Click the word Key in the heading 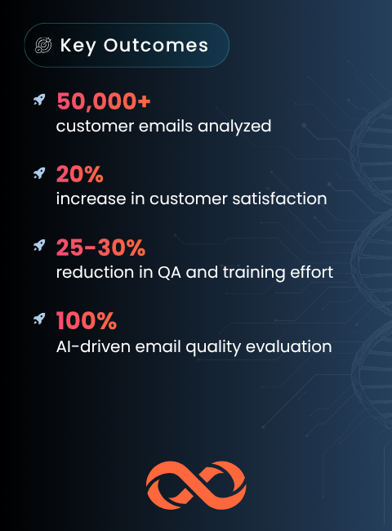click(x=78, y=46)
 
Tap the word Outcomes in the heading click(x=156, y=46)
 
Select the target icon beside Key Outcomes click(x=43, y=46)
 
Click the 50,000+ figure click(x=104, y=101)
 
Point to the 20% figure click(x=80, y=174)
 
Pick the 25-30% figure click(x=101, y=248)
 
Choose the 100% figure click(x=87, y=320)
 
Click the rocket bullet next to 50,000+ click(x=39, y=100)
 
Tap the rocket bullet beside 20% click(x=39, y=173)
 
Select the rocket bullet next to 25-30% click(x=39, y=246)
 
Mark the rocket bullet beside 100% click(x=39, y=319)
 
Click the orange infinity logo click(x=196, y=485)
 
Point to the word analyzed click(x=234, y=127)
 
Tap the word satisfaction click(x=279, y=199)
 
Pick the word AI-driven click(x=93, y=346)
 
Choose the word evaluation click(x=289, y=346)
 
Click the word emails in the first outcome click(x=166, y=127)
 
